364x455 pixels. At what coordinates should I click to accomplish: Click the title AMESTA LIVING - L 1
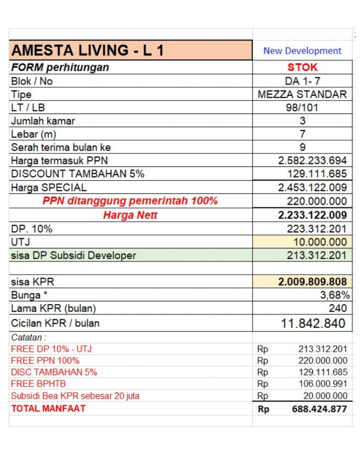(88, 50)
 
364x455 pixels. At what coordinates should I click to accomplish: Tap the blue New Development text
(302, 51)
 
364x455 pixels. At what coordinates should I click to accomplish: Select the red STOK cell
(302, 68)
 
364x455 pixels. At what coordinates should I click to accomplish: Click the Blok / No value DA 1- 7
(302, 81)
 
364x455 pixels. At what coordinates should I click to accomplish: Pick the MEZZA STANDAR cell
(302, 95)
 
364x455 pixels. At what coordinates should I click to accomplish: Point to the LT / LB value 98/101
(302, 108)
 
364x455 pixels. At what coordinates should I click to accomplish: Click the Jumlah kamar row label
(43, 121)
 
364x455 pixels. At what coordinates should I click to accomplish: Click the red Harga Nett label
(130, 216)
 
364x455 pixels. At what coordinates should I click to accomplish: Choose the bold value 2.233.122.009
(312, 216)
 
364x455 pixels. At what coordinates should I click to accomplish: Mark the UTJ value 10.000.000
(320, 242)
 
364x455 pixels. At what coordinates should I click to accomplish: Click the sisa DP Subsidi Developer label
(74, 255)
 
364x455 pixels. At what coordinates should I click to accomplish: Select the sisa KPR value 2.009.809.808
(312, 282)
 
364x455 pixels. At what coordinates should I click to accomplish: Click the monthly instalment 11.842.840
(313, 323)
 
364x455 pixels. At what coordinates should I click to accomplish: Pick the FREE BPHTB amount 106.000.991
(323, 384)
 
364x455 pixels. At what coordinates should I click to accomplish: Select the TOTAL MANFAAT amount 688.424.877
(319, 409)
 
